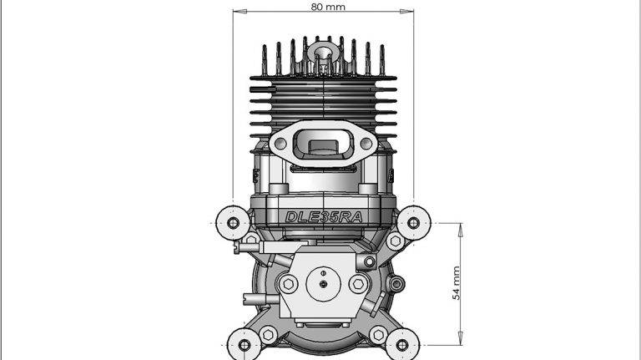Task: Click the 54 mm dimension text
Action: coord(456,283)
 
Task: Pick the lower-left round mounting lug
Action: coord(244,343)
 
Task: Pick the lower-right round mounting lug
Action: coord(402,343)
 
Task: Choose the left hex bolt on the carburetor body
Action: coord(288,282)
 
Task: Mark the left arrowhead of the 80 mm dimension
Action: coord(236,12)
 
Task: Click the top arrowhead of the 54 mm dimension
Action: coord(461,226)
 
